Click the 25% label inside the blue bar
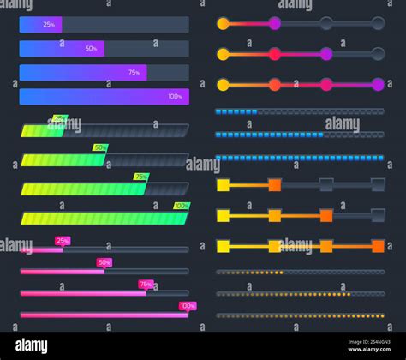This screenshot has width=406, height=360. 48,24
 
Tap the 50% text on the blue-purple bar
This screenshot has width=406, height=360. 91,49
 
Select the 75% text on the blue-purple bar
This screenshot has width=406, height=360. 134,73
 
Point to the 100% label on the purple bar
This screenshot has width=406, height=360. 175,96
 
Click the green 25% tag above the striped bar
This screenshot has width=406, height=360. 59,119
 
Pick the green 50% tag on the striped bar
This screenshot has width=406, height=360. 100,147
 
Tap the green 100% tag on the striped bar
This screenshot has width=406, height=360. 181,206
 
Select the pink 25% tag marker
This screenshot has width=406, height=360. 63,241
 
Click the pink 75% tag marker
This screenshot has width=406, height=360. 146,284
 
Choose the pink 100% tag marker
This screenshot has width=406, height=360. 188,305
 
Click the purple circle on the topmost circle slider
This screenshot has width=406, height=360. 274,23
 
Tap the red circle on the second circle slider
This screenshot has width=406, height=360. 274,54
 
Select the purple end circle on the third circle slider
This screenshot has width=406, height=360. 378,84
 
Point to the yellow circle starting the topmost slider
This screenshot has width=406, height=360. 223,23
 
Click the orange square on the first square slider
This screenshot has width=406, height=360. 274,184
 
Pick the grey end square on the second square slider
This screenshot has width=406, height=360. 378,215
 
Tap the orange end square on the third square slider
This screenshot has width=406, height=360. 378,246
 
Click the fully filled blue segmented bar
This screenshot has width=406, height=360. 300,158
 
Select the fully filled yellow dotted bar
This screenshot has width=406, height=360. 300,315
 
